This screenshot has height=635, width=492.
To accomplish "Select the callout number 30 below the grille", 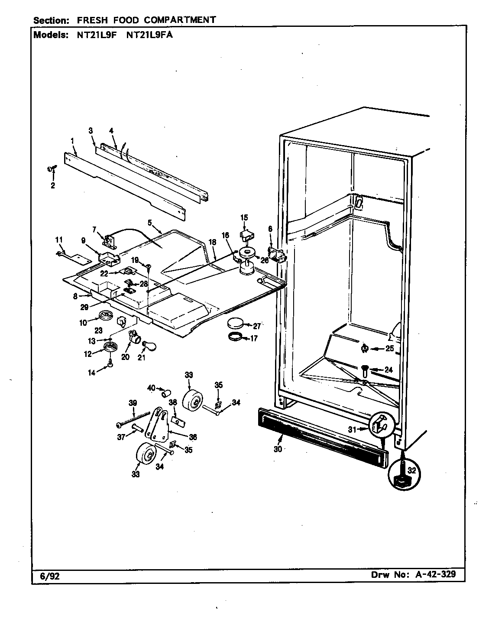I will coord(278,449).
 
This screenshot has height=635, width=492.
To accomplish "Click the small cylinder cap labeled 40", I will coord(165,393).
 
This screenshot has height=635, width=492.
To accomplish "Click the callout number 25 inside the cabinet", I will coord(389,348).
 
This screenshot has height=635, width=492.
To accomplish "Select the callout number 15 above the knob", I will coord(244,217).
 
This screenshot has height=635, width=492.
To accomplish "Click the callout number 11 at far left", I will coord(59,240).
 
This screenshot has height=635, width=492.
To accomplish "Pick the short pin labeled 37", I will coord(137,428).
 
